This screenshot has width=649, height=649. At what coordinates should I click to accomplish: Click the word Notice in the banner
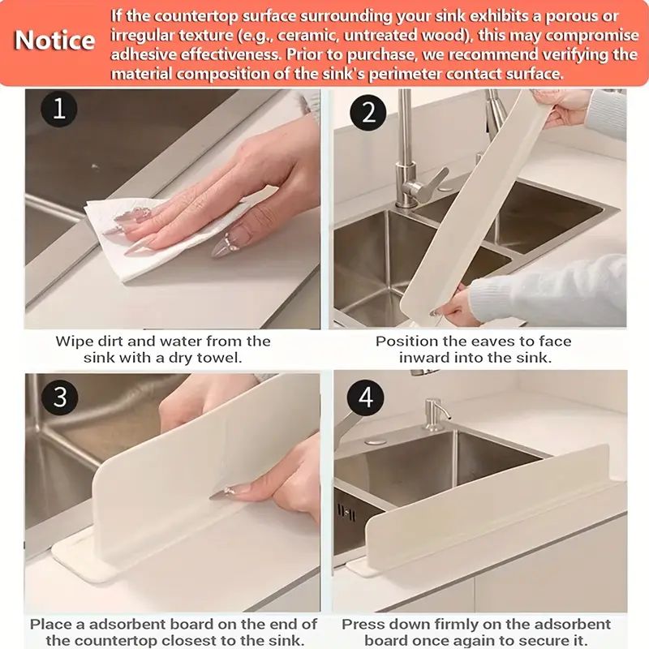[x=55, y=41]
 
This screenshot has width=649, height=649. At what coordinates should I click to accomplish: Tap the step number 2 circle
[x=368, y=112]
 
